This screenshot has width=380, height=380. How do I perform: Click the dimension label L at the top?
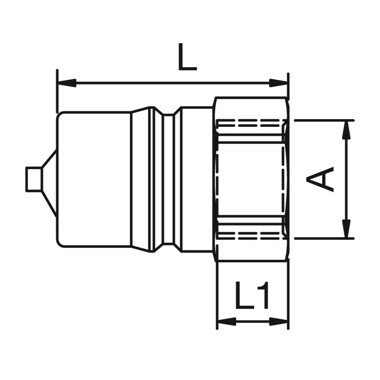187,57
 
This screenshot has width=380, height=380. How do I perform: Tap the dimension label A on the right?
320,179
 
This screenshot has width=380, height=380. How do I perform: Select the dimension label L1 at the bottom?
252,295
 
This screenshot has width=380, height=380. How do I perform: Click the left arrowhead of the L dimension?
66,83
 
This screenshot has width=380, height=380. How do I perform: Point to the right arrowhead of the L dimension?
279,83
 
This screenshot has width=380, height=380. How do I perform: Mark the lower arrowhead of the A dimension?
347,228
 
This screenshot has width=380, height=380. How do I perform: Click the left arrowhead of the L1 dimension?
227,322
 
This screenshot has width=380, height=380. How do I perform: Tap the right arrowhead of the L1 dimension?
279,322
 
